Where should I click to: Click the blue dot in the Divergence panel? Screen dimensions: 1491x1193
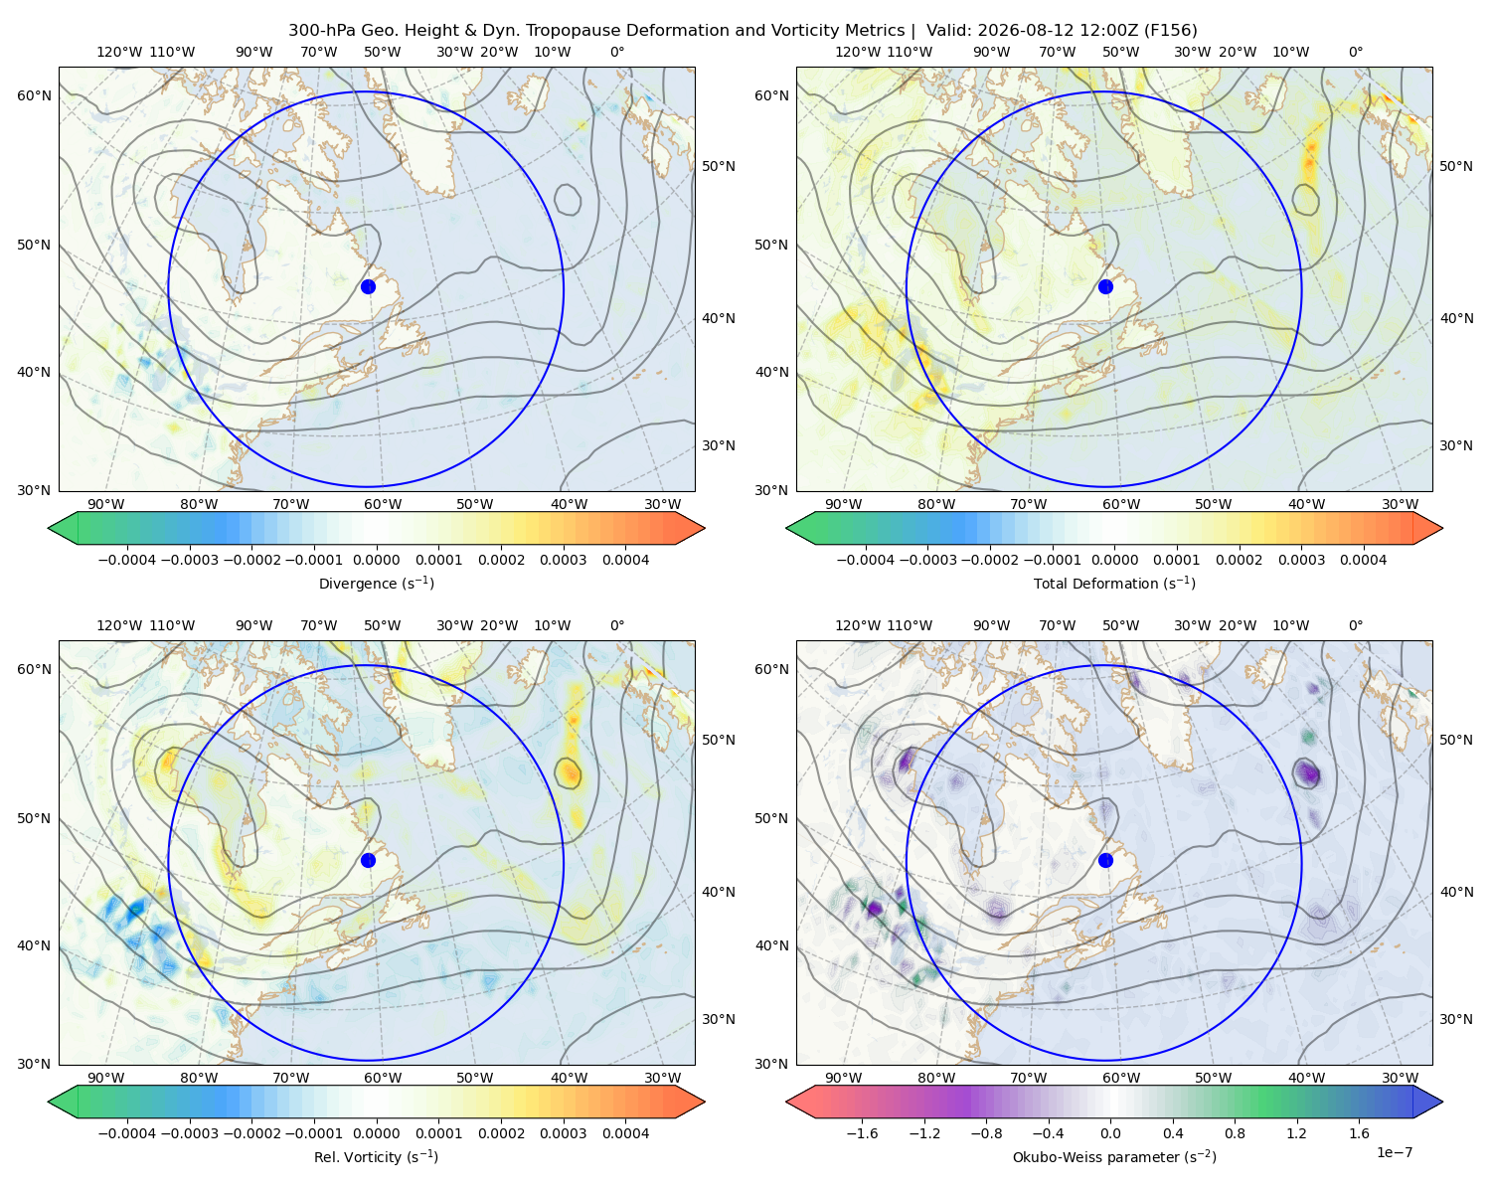point(368,287)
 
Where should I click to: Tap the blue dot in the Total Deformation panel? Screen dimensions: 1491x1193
point(1105,287)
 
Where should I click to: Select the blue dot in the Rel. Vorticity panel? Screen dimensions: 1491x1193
point(368,860)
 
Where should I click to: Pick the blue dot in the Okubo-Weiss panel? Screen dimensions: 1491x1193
point(1105,860)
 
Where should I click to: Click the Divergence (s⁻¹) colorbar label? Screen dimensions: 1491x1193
point(376,584)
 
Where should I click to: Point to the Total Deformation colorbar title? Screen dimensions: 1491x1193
point(1114,584)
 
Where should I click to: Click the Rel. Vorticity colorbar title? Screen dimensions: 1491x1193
point(376,1157)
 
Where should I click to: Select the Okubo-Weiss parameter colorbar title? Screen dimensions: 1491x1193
point(1114,1157)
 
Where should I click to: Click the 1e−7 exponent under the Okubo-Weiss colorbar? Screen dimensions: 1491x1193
point(1394,1153)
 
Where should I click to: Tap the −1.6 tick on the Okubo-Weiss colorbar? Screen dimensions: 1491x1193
point(863,1133)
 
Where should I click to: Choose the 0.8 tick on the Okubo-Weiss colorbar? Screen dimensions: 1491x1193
point(1235,1133)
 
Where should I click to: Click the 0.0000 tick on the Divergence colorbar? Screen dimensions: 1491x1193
point(376,560)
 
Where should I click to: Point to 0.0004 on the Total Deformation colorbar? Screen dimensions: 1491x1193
point(1364,560)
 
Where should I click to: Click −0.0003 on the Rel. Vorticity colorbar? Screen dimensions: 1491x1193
point(189,1133)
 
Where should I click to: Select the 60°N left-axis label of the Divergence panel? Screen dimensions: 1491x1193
point(34,95)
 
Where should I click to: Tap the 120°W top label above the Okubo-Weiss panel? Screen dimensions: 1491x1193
point(858,625)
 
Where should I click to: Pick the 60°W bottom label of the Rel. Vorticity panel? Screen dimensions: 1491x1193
point(383,1078)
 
